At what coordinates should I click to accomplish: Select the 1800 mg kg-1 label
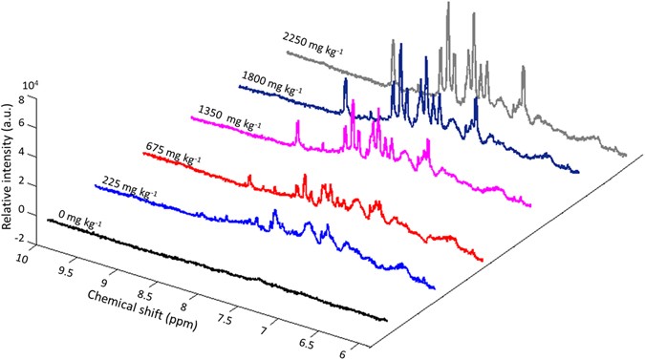[278, 78]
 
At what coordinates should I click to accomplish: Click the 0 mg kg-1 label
[77, 219]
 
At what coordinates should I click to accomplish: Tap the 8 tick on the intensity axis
[32, 99]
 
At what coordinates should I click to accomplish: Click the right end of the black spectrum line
[386, 320]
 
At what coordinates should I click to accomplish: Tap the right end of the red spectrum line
[483, 260]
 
